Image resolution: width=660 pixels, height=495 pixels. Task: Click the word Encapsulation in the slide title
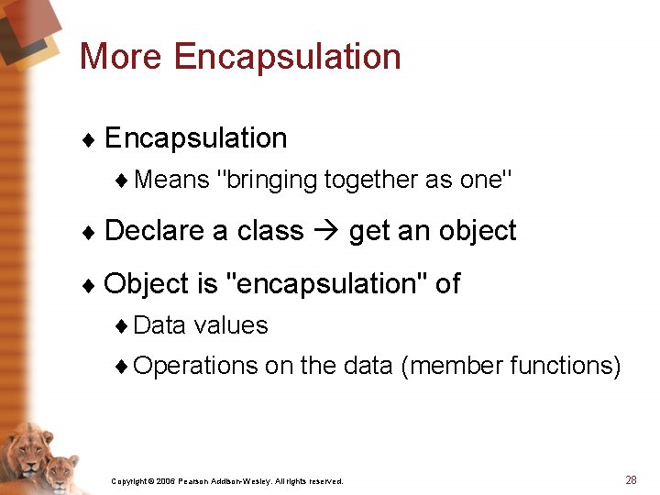tap(287, 57)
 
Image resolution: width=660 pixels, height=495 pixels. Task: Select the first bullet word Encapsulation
tap(195, 138)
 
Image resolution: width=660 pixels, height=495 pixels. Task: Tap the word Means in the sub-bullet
tap(171, 180)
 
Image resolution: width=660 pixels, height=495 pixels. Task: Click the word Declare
tap(155, 230)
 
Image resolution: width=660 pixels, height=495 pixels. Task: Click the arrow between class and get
tap(326, 231)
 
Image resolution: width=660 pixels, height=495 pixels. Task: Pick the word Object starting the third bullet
tap(147, 284)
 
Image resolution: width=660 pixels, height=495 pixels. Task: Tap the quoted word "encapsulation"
tap(325, 284)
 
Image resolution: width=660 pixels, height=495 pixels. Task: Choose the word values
tap(231, 325)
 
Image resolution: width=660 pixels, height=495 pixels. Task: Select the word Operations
tap(195, 366)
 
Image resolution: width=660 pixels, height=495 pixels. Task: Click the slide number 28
tap(631, 479)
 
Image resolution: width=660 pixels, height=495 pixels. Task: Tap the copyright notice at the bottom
tap(226, 480)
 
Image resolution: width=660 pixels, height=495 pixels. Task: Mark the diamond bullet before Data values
tap(123, 326)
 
